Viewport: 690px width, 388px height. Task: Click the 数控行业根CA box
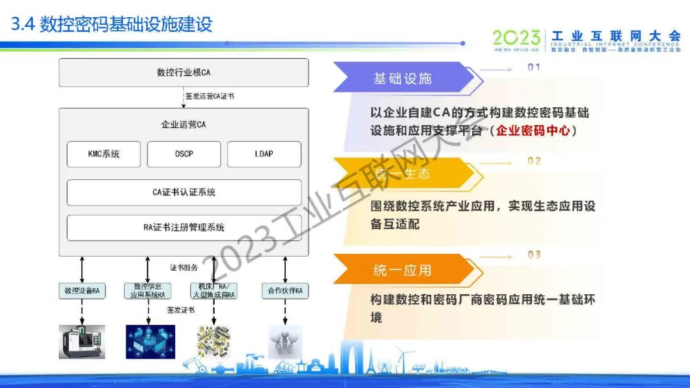183,73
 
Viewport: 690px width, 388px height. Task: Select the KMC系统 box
103,154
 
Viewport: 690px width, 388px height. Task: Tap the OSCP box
184,154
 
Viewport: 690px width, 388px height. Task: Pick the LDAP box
264,154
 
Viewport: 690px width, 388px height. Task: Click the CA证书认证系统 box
184,192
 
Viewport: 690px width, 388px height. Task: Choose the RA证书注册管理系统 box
184,227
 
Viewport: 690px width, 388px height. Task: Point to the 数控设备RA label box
82,291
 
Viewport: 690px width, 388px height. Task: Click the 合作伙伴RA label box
284,291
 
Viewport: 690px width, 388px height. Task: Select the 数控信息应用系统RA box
148,291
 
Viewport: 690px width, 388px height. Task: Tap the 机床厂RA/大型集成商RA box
213,291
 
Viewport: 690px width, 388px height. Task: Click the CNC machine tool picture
82,341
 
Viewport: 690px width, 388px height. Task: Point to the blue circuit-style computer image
150,341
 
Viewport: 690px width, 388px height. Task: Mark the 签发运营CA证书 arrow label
210,96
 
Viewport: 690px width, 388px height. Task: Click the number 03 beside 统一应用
534,255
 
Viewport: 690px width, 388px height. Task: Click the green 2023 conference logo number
516,38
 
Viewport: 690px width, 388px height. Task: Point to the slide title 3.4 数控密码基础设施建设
112,25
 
